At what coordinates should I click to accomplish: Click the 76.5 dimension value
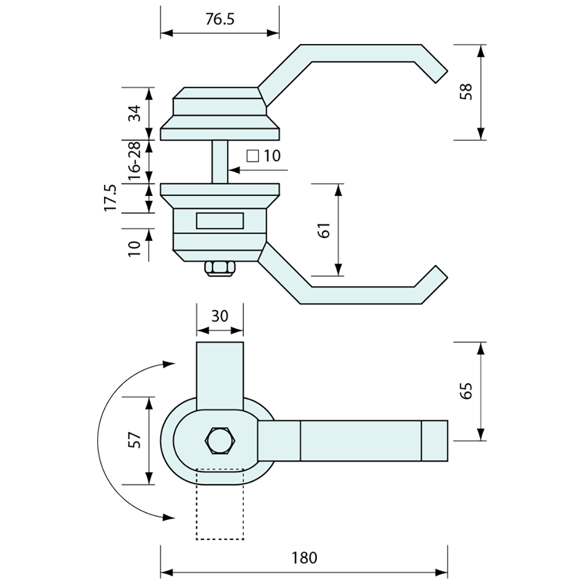click(219, 19)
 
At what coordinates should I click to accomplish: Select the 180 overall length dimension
click(304, 557)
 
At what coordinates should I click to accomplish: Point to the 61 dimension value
click(325, 230)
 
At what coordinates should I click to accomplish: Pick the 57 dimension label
click(135, 440)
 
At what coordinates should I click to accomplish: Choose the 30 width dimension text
click(219, 316)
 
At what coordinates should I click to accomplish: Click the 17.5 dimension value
click(110, 198)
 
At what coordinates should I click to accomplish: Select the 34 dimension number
click(135, 113)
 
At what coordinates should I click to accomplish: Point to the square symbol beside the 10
click(253, 156)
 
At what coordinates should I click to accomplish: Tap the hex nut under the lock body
click(219, 269)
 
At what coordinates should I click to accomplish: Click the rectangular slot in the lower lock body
click(220, 221)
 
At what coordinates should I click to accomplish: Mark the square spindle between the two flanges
click(220, 161)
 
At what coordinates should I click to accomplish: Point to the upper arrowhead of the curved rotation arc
click(169, 364)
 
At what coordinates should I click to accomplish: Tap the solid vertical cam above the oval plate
click(220, 375)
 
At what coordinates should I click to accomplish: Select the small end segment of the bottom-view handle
click(435, 440)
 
